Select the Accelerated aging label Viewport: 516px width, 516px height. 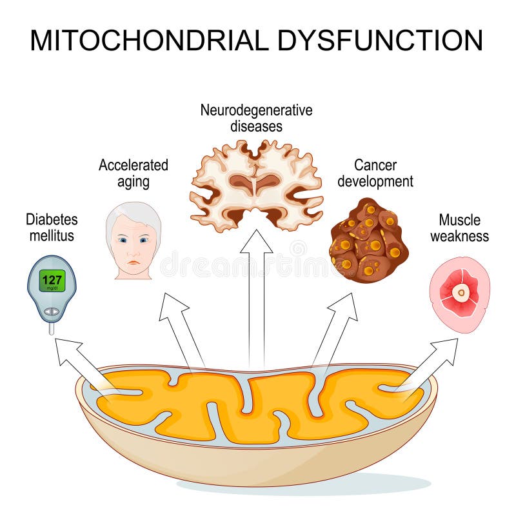(x=133, y=173)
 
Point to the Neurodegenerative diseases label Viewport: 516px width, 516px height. (x=256, y=117)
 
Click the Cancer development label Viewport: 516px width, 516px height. (x=375, y=173)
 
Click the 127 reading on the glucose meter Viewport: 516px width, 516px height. (x=52, y=281)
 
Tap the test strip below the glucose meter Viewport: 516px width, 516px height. (x=52, y=328)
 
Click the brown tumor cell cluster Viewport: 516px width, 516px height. (x=368, y=241)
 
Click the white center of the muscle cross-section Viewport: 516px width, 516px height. (x=460, y=293)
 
